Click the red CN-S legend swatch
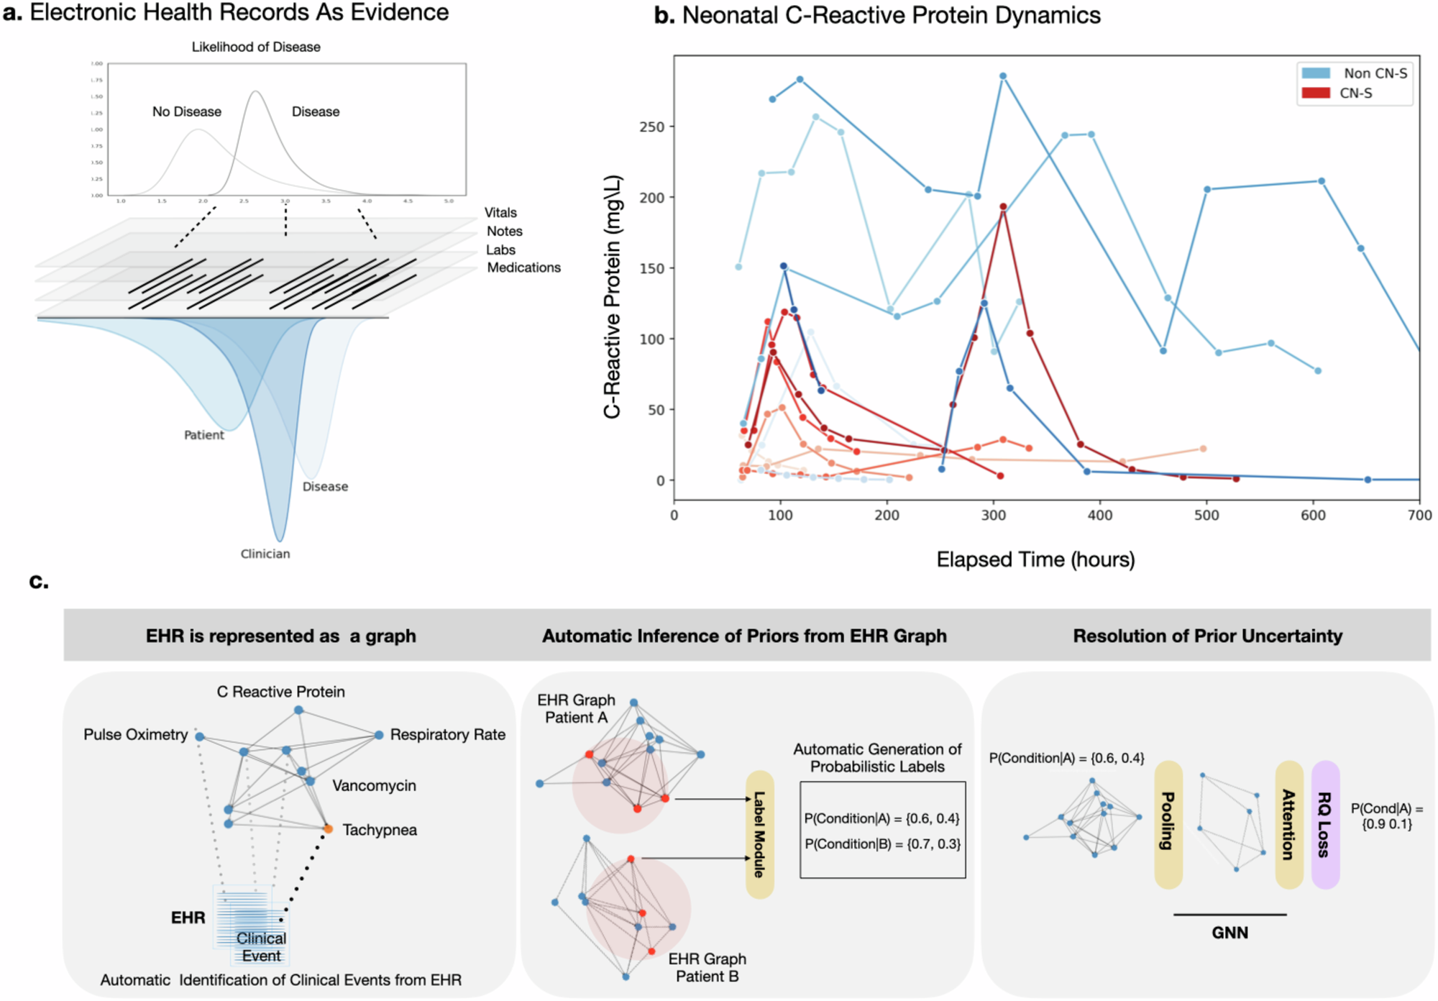point(1316,93)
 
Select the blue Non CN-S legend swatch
point(1316,73)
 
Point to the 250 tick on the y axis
point(651,127)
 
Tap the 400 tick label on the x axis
point(1100,516)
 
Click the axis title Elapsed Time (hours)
point(1035,559)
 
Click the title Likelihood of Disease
point(256,47)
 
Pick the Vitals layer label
point(500,213)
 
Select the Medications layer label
point(523,268)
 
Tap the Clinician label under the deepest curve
point(265,554)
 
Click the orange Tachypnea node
point(328,829)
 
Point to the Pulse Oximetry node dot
point(200,736)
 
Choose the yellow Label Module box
point(759,834)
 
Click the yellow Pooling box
point(1168,824)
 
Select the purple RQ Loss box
point(1325,824)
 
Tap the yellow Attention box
point(1289,824)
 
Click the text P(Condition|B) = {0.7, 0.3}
point(882,844)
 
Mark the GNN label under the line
point(1229,933)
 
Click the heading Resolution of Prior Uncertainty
point(1207,636)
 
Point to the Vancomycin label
point(374,785)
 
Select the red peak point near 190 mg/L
point(1003,207)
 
